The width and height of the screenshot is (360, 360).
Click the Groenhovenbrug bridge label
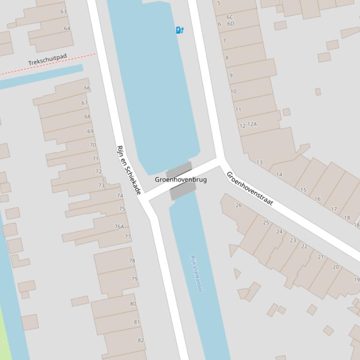[181, 180]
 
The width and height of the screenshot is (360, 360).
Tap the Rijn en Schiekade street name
[129, 170]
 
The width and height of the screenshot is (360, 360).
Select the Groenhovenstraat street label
[250, 188]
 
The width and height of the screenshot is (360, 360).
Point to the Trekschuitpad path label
[47, 59]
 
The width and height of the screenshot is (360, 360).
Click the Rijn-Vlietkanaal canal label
[197, 274]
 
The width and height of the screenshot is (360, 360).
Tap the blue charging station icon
[180, 30]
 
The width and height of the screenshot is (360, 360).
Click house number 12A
[252, 124]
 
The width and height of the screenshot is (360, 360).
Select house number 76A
[120, 227]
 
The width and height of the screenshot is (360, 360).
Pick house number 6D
[231, 24]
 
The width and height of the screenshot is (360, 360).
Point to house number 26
[239, 205]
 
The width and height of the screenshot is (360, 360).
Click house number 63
[64, 11]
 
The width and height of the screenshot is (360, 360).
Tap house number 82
[140, 340]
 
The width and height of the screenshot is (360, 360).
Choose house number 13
[259, 163]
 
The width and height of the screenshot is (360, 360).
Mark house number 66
[87, 88]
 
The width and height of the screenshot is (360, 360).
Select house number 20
[336, 267]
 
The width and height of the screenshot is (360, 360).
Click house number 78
[132, 261]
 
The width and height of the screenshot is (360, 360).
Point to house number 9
[231, 75]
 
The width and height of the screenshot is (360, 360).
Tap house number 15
[303, 190]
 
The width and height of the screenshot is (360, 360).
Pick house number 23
[293, 240]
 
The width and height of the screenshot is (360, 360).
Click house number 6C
[230, 17]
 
